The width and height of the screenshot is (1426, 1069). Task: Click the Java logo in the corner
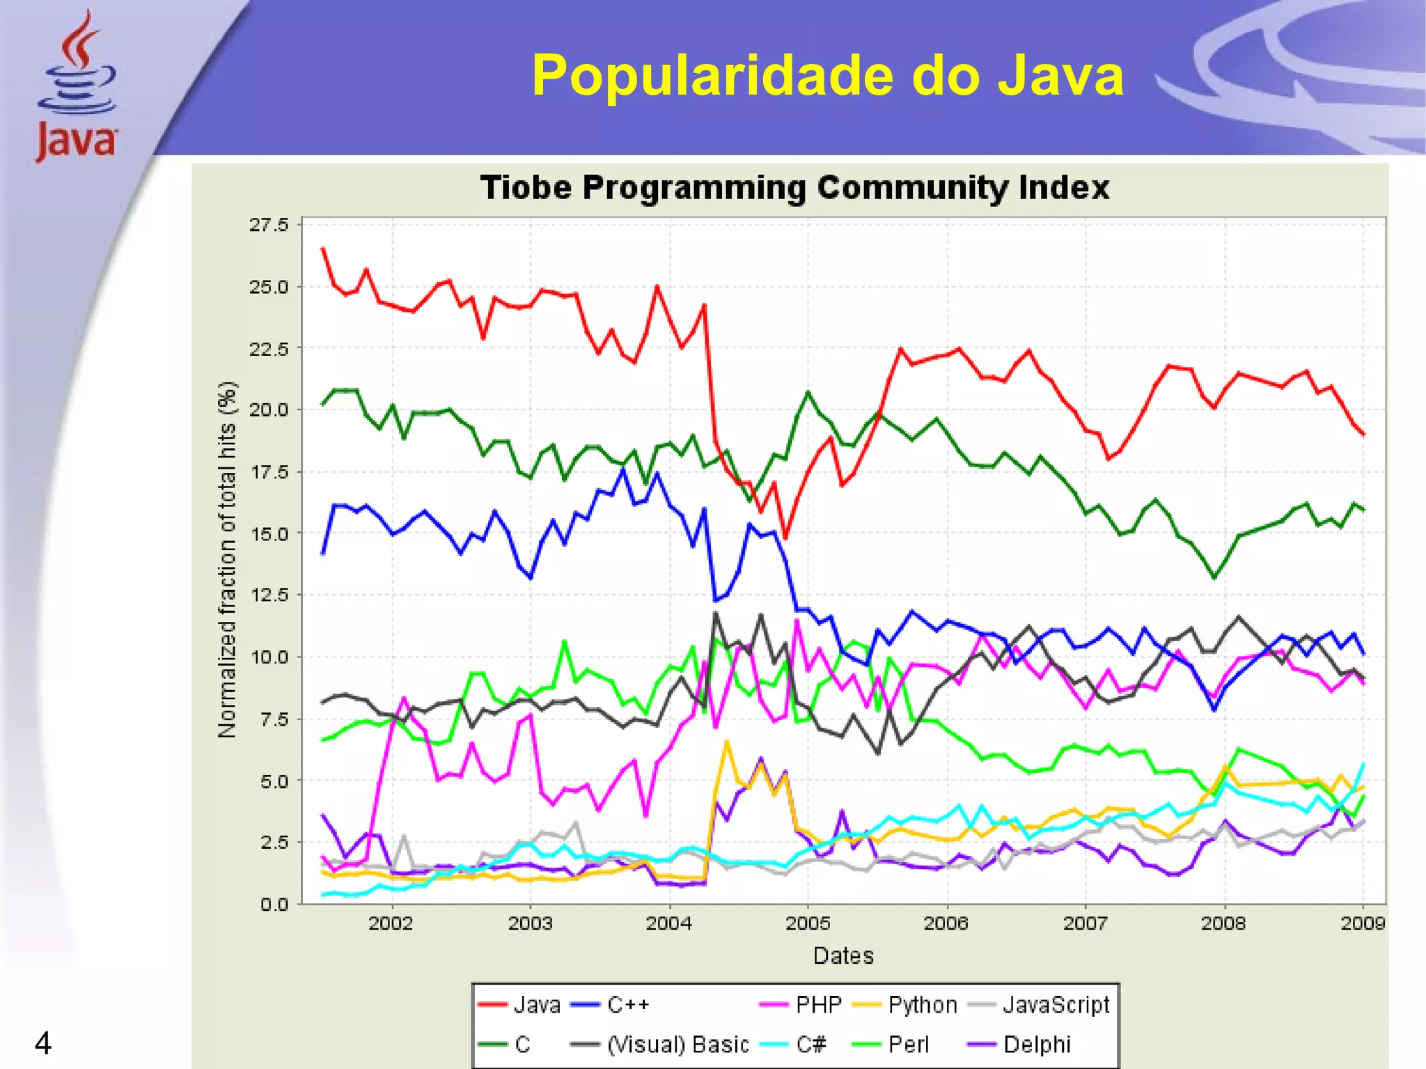pyautogui.click(x=77, y=87)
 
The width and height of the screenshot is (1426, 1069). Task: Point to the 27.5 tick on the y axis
pyautogui.click(x=269, y=225)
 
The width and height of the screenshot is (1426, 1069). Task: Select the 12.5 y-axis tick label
pyautogui.click(x=269, y=595)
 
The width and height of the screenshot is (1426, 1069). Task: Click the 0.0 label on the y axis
pyautogui.click(x=274, y=905)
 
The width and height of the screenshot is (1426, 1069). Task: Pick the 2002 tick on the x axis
pyautogui.click(x=391, y=923)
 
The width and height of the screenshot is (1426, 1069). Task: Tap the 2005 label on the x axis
pyautogui.click(x=808, y=923)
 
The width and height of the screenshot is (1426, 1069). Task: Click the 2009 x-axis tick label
pyautogui.click(x=1363, y=923)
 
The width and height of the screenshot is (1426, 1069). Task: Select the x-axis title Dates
pyautogui.click(x=843, y=955)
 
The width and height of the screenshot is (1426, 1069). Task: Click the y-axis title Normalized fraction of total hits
pyautogui.click(x=228, y=560)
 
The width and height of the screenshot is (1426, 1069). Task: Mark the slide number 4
pyautogui.click(x=43, y=1043)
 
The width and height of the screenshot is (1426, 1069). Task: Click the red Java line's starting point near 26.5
pyautogui.click(x=323, y=249)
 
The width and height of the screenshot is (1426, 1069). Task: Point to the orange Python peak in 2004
pyautogui.click(x=727, y=742)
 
